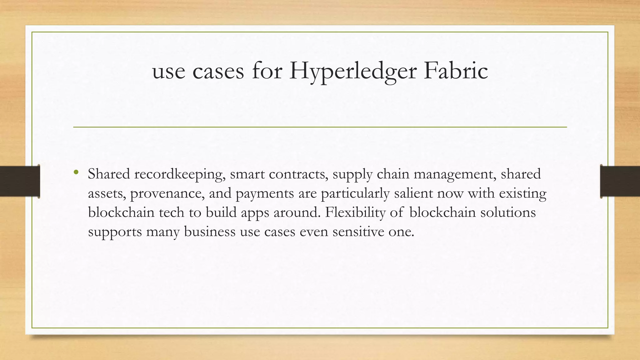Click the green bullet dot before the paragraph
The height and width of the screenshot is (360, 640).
(x=76, y=172)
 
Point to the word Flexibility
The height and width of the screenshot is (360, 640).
(x=355, y=212)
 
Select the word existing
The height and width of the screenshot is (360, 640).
(x=522, y=194)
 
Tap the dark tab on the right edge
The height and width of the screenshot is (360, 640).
(x=620, y=181)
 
